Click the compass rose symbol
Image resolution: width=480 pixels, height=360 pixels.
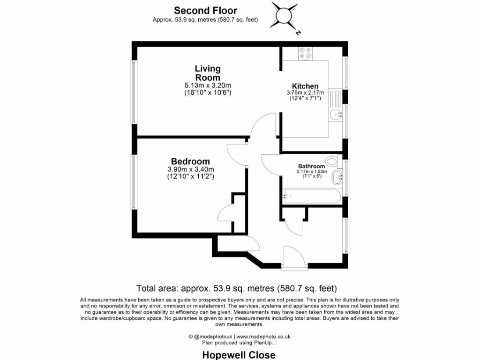point(284,15)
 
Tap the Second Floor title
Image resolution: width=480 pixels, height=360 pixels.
point(205,10)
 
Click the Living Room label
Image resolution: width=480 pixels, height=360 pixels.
point(208,73)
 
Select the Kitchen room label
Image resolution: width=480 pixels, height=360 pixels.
point(305,86)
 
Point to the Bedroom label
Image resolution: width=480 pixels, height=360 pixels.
point(190,161)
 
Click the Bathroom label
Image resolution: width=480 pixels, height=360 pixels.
point(311,166)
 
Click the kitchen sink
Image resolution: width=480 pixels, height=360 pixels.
point(336,114)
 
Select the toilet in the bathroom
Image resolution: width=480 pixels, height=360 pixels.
point(332,162)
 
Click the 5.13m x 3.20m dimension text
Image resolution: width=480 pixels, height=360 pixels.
point(208,86)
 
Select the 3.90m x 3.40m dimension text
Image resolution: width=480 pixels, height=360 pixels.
point(190,170)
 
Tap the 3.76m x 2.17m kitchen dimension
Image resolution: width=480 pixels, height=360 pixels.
point(305,93)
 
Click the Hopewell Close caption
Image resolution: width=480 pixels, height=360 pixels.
point(239,355)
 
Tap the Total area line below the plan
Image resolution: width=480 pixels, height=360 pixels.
point(237,288)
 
